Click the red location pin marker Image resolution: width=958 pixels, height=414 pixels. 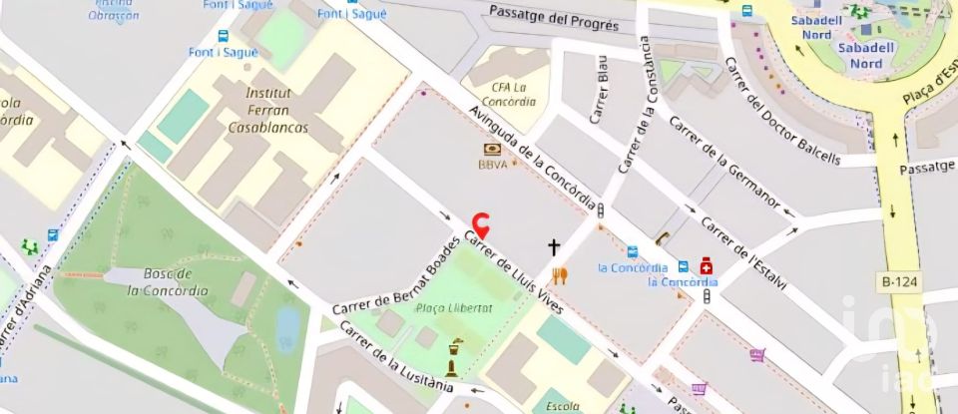481,223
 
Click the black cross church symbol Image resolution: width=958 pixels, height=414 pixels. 554,244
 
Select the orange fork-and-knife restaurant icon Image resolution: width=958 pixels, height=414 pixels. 560,276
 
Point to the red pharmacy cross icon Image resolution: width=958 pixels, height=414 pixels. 707,265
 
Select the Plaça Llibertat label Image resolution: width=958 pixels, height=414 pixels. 454,309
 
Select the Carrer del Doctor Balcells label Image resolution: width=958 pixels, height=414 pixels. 782,110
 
